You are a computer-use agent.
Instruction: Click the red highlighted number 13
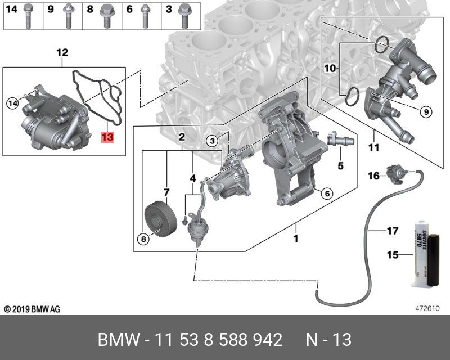[x=107, y=137]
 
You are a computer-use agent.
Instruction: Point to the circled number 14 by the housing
[x=12, y=103]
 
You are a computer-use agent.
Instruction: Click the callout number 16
[x=373, y=176]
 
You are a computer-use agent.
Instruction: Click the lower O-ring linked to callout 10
[x=351, y=96]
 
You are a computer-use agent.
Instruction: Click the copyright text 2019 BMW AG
[x=32, y=309]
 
